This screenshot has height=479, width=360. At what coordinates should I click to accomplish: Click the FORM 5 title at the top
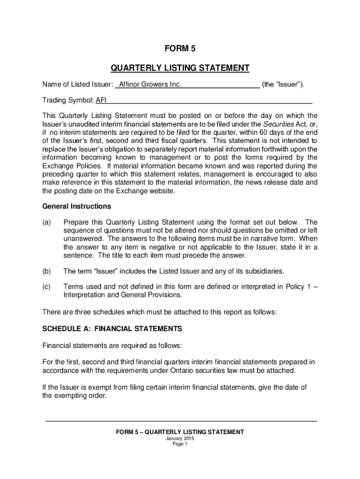point(180,49)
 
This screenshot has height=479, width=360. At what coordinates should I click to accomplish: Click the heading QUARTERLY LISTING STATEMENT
point(180,68)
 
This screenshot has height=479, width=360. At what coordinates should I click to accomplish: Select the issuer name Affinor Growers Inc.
point(150,85)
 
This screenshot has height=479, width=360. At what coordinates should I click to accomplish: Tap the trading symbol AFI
point(101,100)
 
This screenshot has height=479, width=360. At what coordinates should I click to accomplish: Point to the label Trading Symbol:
point(68,100)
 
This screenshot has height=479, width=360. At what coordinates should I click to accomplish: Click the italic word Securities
point(279,124)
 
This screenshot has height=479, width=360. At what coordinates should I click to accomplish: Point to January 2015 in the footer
point(180,438)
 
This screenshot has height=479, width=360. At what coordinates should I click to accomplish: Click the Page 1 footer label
point(180,444)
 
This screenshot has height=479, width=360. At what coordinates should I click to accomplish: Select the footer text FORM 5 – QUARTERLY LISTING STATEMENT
point(180,432)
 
